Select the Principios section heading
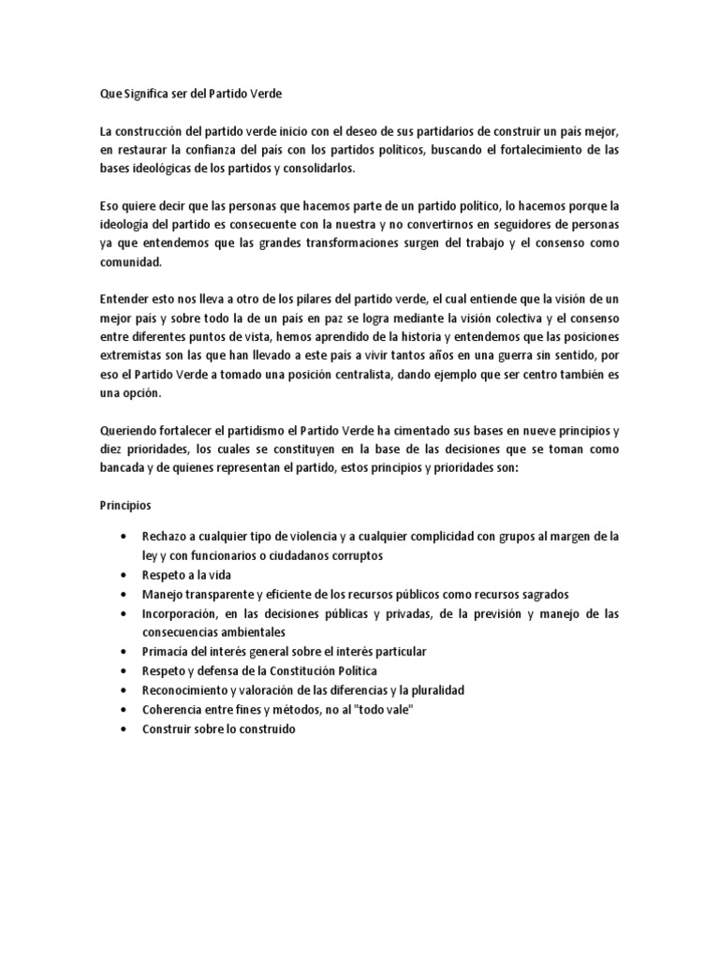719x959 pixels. pos(125,505)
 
